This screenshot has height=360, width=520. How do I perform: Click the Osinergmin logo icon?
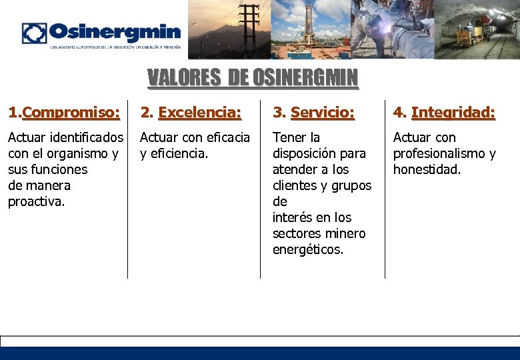coord(34,33)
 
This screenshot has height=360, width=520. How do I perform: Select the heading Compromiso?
coord(71,113)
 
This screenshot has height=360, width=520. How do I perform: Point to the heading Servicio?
coord(323,113)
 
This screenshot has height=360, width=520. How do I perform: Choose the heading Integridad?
coord(453,113)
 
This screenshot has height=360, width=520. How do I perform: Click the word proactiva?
coord(37,201)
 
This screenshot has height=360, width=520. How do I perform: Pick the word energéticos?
coord(308,249)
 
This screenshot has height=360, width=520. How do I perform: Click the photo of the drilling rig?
coord(310,29)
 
